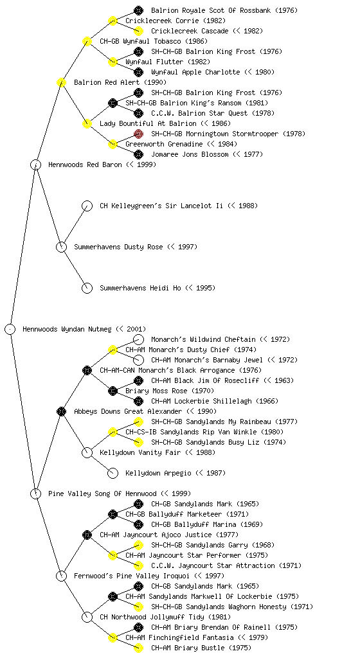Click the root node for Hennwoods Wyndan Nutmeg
point(10,329)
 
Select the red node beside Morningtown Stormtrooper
point(138,134)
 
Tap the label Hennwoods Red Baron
point(102,164)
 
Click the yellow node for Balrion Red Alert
point(61,82)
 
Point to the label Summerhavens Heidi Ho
point(157,288)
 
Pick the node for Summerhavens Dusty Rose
point(61,247)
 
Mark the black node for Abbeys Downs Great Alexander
point(61,411)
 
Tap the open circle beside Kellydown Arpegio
point(113,473)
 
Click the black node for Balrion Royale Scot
point(138,10)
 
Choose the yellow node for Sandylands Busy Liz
point(138,442)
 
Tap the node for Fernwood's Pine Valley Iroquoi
point(61,576)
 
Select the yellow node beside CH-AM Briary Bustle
point(138,648)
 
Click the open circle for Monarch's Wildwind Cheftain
point(138,339)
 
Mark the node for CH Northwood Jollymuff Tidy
point(87,617)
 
